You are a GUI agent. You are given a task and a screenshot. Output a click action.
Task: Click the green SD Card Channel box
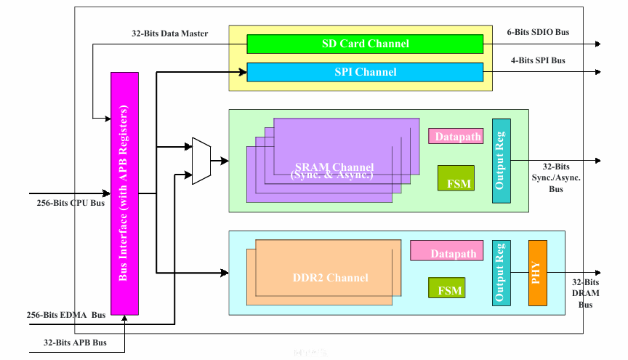(365, 44)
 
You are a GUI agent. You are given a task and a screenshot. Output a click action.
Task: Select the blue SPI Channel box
(365, 72)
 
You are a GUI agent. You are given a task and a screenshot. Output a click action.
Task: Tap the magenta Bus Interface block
(124, 193)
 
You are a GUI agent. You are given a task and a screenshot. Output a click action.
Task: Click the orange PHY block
(537, 273)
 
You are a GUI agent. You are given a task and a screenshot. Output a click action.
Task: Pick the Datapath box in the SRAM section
(455, 136)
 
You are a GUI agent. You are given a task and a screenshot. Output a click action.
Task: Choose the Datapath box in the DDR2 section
(447, 251)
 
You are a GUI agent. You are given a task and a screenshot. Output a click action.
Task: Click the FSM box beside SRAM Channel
(456, 178)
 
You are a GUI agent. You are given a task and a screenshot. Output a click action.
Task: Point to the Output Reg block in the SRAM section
(501, 161)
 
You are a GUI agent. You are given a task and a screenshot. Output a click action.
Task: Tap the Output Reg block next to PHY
(501, 273)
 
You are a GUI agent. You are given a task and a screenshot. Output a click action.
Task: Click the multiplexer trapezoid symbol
(201, 161)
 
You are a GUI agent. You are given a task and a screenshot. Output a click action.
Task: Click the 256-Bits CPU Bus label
(65, 203)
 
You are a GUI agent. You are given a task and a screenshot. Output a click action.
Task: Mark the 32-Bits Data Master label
(169, 33)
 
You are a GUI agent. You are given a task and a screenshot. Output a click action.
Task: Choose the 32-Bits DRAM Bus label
(585, 293)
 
